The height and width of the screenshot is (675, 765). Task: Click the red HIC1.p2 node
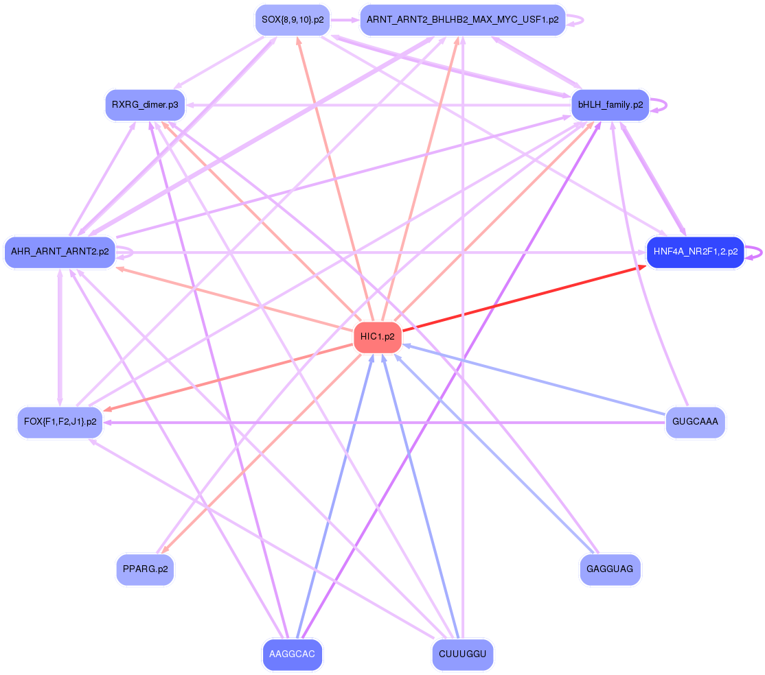[x=377, y=337]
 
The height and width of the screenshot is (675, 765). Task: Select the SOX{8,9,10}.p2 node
[x=293, y=20]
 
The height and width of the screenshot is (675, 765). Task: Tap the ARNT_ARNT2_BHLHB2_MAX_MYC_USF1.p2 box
[x=462, y=20]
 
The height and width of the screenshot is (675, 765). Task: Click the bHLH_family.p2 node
[x=610, y=105]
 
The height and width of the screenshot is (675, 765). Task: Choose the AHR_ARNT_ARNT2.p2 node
[x=60, y=252]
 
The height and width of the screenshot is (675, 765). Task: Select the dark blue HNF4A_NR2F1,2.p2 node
[x=695, y=252]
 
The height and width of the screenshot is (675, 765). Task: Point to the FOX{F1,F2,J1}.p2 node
[x=60, y=421]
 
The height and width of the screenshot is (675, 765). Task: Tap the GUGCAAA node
[x=695, y=421]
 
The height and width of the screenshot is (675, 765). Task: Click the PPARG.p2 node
[x=145, y=569]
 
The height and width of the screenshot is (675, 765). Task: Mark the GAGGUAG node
[x=610, y=569]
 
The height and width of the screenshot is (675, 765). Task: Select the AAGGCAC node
[x=292, y=654]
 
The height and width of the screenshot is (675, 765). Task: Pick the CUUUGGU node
[x=462, y=654]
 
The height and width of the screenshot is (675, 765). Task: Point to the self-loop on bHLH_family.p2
[x=660, y=105]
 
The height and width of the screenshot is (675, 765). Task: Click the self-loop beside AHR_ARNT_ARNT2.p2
[x=125, y=252]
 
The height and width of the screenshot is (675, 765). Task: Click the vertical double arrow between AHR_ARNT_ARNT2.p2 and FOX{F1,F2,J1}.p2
[x=60, y=336]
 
